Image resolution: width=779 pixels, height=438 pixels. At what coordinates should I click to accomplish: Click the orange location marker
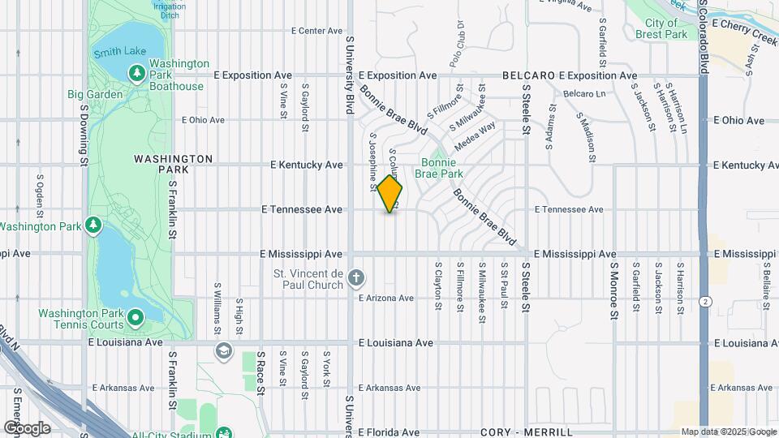click(390, 194)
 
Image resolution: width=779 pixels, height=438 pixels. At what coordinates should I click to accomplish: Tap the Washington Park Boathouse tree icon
click(136, 75)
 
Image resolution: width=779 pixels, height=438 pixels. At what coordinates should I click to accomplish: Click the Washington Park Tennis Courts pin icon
click(136, 316)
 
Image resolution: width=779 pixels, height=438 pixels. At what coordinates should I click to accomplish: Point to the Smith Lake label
click(119, 52)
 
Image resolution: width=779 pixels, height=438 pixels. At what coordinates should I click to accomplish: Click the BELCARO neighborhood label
click(527, 75)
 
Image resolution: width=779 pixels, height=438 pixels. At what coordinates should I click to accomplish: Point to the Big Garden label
click(95, 94)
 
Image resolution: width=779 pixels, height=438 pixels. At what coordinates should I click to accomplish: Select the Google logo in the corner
click(27, 427)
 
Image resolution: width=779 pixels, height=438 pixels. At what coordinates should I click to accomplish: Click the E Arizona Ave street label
click(387, 298)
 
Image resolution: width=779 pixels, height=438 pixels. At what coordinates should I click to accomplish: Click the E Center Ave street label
click(317, 31)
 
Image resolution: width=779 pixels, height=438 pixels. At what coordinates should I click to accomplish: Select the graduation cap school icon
click(222, 352)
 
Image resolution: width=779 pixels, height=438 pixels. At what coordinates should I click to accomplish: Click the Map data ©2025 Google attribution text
click(728, 432)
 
